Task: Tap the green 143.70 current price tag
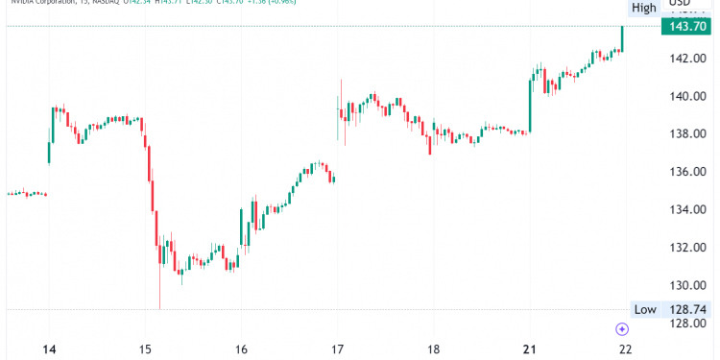point(687,26)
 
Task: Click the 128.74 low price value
point(687,309)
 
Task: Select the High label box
point(643,8)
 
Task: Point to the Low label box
point(644,309)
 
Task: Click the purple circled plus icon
point(622,329)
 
